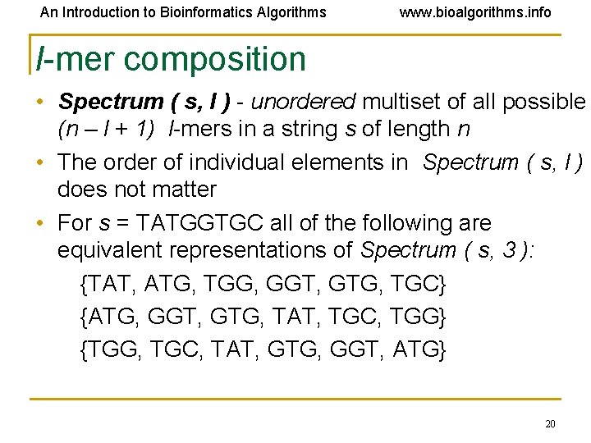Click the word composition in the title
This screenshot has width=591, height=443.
pyautogui.click(x=215, y=59)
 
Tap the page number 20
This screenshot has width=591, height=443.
pyautogui.click(x=550, y=424)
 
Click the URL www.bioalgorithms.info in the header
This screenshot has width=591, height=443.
pyautogui.click(x=475, y=12)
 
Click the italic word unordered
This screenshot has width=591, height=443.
pyautogui.click(x=303, y=102)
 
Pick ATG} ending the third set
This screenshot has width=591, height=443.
pyautogui.click(x=419, y=350)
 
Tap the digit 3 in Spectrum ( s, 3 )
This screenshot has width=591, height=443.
pyautogui.click(x=511, y=249)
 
